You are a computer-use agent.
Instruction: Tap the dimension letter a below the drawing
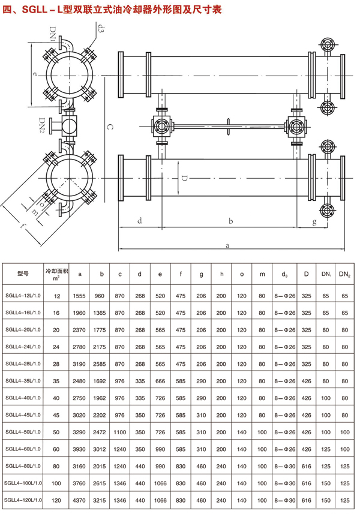pyautogui.click(x=227, y=245)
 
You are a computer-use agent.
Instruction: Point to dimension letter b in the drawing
pyautogui.click(x=230, y=221)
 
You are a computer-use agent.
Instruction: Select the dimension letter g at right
pyautogui.click(x=314, y=222)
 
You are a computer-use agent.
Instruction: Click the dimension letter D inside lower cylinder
pyautogui.click(x=185, y=179)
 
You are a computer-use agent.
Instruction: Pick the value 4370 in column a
pyautogui.click(x=80, y=499)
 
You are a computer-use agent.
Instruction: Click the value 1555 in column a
pyautogui.click(x=80, y=296)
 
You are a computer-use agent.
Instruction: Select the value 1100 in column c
pyautogui.click(x=121, y=431)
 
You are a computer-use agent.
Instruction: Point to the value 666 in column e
pyautogui.click(x=160, y=381)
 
